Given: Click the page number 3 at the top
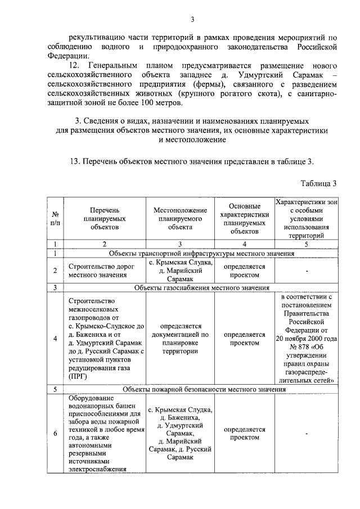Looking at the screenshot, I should (x=192, y=21).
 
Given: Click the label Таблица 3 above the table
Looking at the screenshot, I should (x=318, y=183).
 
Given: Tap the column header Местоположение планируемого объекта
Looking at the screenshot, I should (x=180, y=218).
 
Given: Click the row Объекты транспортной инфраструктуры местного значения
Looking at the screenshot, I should (x=202, y=254).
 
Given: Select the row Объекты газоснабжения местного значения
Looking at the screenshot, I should (x=202, y=287).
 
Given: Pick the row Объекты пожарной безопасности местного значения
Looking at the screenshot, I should (x=202, y=389).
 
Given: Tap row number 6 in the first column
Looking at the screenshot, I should (x=55, y=433).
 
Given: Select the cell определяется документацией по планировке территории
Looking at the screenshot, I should (x=180, y=338).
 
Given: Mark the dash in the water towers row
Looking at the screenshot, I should (x=307, y=433).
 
